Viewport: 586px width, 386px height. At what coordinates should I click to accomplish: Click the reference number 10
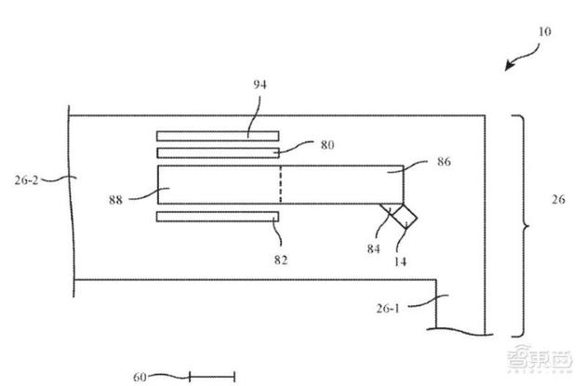point(544,32)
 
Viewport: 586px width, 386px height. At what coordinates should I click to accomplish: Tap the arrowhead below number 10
point(509,66)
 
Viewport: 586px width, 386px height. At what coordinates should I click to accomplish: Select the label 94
point(260,85)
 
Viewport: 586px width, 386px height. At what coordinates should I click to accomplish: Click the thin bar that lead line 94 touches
point(218,136)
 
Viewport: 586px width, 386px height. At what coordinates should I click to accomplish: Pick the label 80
point(327,144)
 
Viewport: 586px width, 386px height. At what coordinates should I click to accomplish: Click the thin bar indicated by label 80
point(218,153)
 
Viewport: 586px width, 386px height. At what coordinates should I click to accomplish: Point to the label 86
point(444,162)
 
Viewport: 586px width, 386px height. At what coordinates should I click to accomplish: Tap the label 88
point(116,200)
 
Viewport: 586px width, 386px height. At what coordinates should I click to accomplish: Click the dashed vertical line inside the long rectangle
point(281,184)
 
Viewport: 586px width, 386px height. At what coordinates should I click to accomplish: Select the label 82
point(281,260)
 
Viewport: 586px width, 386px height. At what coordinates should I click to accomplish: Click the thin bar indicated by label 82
point(218,217)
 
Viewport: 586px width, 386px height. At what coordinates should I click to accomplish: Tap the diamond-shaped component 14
point(404,216)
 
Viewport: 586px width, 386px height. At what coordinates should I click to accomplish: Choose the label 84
point(373,248)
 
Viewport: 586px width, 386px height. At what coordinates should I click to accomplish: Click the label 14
point(400,261)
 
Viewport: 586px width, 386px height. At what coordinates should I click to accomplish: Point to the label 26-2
point(26,180)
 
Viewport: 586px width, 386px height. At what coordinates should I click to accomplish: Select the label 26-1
point(388,308)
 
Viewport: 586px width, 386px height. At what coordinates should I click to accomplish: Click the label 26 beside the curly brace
point(558,199)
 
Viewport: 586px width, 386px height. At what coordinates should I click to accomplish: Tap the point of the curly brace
point(528,226)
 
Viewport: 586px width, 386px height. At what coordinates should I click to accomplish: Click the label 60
point(140,377)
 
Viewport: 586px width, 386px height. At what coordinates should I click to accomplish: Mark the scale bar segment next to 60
point(212,377)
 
